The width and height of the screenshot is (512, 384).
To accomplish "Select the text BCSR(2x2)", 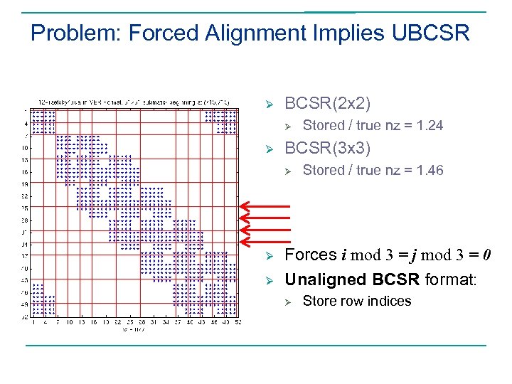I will tap(327, 103).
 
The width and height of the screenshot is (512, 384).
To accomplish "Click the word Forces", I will tap(311, 255).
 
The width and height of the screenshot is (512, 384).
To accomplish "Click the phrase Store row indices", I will tap(357, 302).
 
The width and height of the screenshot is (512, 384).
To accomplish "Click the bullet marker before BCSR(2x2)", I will tap(270, 104).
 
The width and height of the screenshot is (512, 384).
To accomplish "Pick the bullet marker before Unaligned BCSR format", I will tap(270, 280).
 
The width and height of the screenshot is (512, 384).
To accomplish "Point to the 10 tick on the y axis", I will tap(25, 148).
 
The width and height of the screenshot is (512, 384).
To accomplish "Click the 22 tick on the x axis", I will tap(117, 322).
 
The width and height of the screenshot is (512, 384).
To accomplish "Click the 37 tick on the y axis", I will tap(25, 256).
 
